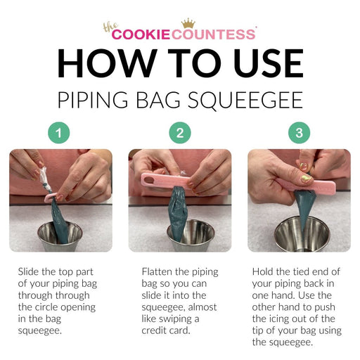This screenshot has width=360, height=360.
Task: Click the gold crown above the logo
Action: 188,23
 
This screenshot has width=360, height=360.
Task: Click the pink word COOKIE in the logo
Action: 141,34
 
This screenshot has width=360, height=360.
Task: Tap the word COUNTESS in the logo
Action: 213,34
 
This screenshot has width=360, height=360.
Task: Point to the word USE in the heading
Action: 269,63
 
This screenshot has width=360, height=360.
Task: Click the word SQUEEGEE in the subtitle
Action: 245,101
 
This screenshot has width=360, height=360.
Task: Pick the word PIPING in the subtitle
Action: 93,100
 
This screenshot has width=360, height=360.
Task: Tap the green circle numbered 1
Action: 59,133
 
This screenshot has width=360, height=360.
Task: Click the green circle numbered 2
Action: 180,133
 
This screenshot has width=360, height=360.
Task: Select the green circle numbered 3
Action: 300,133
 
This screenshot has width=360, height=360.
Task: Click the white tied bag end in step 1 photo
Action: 45,179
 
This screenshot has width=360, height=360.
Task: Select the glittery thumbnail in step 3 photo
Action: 306,179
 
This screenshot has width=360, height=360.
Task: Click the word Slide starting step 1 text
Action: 28,272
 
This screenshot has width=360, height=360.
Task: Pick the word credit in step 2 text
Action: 154,330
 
